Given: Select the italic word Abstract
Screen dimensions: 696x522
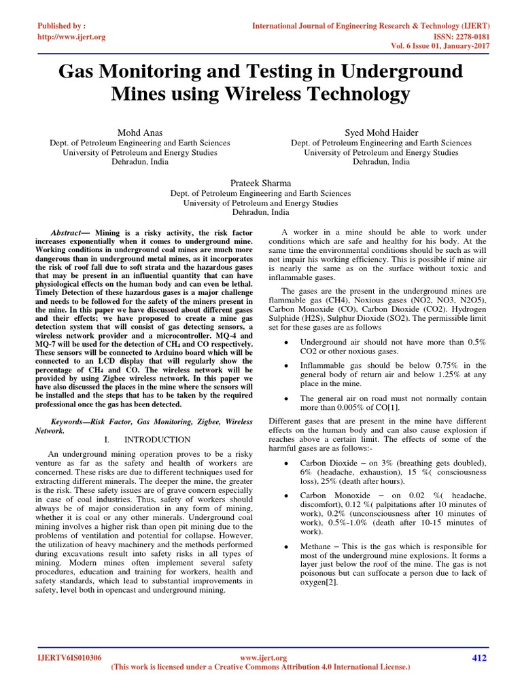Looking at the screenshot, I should click(x=66, y=232).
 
